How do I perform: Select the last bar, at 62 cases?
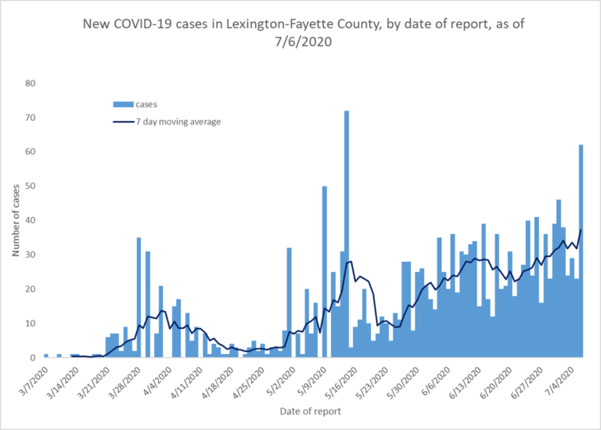point(581,251)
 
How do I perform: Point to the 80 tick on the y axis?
point(30,83)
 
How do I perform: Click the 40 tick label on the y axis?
point(30,220)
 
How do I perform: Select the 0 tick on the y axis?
point(33,358)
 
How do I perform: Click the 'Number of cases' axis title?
point(16,220)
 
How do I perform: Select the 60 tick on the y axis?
point(30,151)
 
